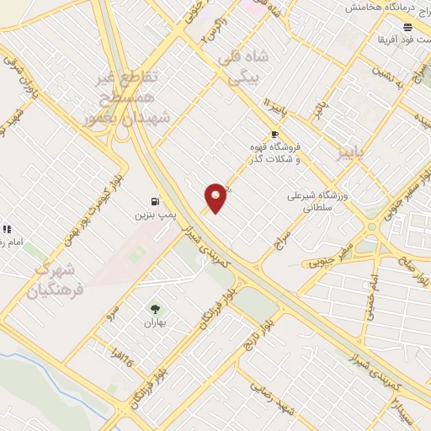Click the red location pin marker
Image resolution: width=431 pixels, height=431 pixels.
click(x=216, y=198)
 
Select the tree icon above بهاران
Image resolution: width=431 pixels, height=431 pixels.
click(x=154, y=308)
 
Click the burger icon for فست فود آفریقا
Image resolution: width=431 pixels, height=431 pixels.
click(x=408, y=27)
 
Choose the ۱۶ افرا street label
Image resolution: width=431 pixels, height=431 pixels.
click(x=117, y=363)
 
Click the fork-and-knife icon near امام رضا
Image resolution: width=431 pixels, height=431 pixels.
click(x=7, y=228)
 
